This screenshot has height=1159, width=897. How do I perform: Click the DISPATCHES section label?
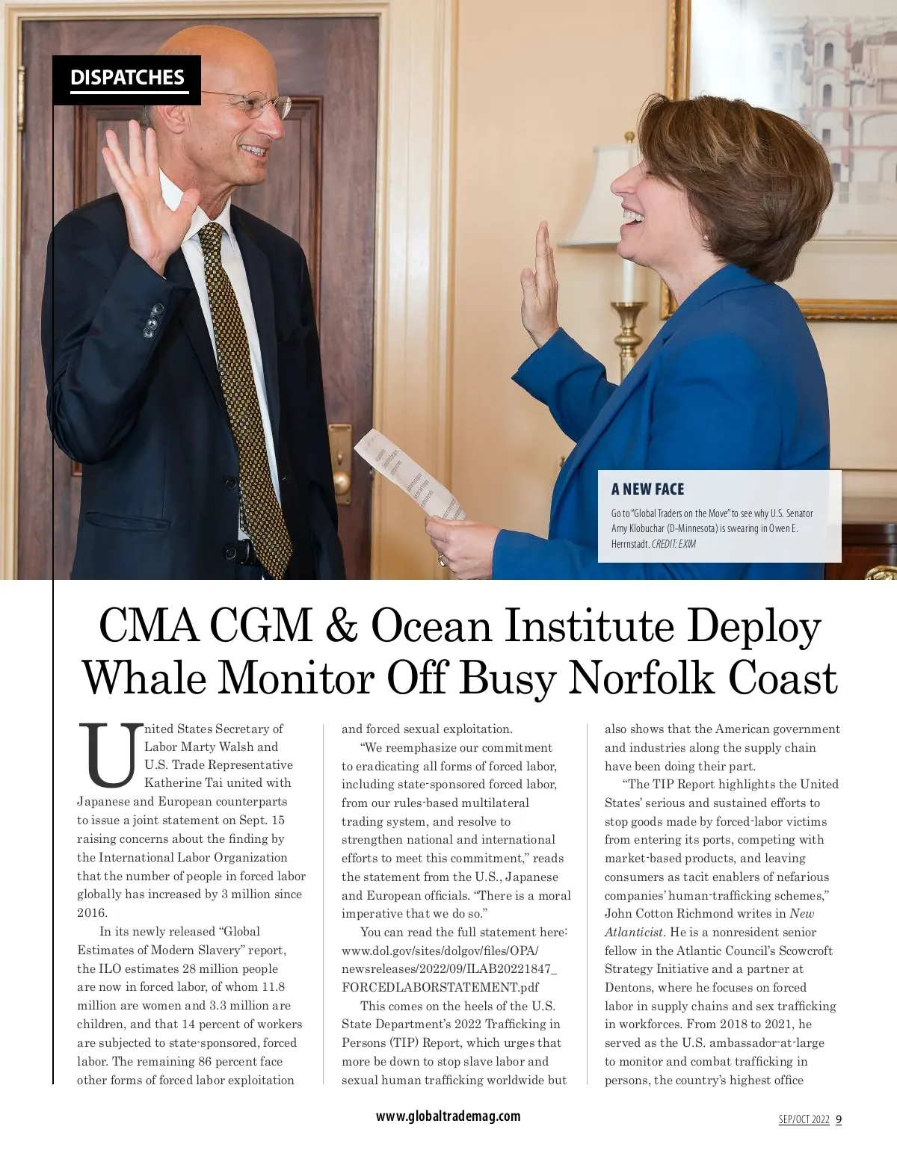127,78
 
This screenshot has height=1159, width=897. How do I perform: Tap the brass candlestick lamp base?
628,336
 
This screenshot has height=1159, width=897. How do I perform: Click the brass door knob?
342,478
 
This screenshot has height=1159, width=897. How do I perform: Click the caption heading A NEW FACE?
647,489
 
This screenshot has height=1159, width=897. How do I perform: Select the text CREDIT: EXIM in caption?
673,544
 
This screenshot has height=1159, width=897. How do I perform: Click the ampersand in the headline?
341,626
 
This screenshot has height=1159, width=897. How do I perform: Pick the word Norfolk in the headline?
642,679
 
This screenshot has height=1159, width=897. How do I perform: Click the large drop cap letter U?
111,755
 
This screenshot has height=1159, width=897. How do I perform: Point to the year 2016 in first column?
93,912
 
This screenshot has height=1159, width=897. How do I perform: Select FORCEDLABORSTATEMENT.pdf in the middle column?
440,987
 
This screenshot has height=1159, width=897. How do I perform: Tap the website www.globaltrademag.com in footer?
448,1116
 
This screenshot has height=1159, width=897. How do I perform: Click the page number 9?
839,1119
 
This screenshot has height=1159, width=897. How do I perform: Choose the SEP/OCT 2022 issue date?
804,1119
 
